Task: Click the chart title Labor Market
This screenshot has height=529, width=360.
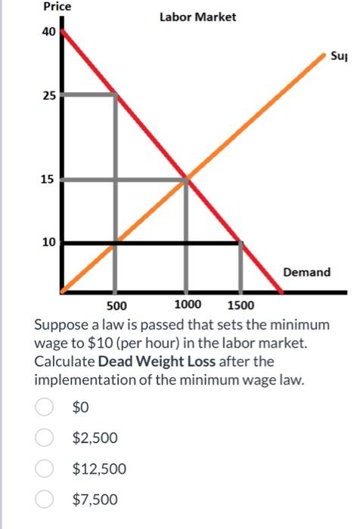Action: pos(197,17)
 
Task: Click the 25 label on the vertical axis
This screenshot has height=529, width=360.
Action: pos(48,96)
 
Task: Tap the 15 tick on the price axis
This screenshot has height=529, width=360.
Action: pos(48,179)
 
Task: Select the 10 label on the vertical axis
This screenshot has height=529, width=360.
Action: pos(48,243)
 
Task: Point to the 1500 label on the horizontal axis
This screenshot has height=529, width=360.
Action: pos(241,306)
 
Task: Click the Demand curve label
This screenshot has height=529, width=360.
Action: pos(306,271)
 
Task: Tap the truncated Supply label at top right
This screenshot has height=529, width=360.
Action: pos(337,56)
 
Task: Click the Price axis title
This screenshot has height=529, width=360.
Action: pos(57,7)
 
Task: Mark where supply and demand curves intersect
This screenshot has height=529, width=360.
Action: pos(187,179)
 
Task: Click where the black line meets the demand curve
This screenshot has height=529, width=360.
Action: pos(241,243)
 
